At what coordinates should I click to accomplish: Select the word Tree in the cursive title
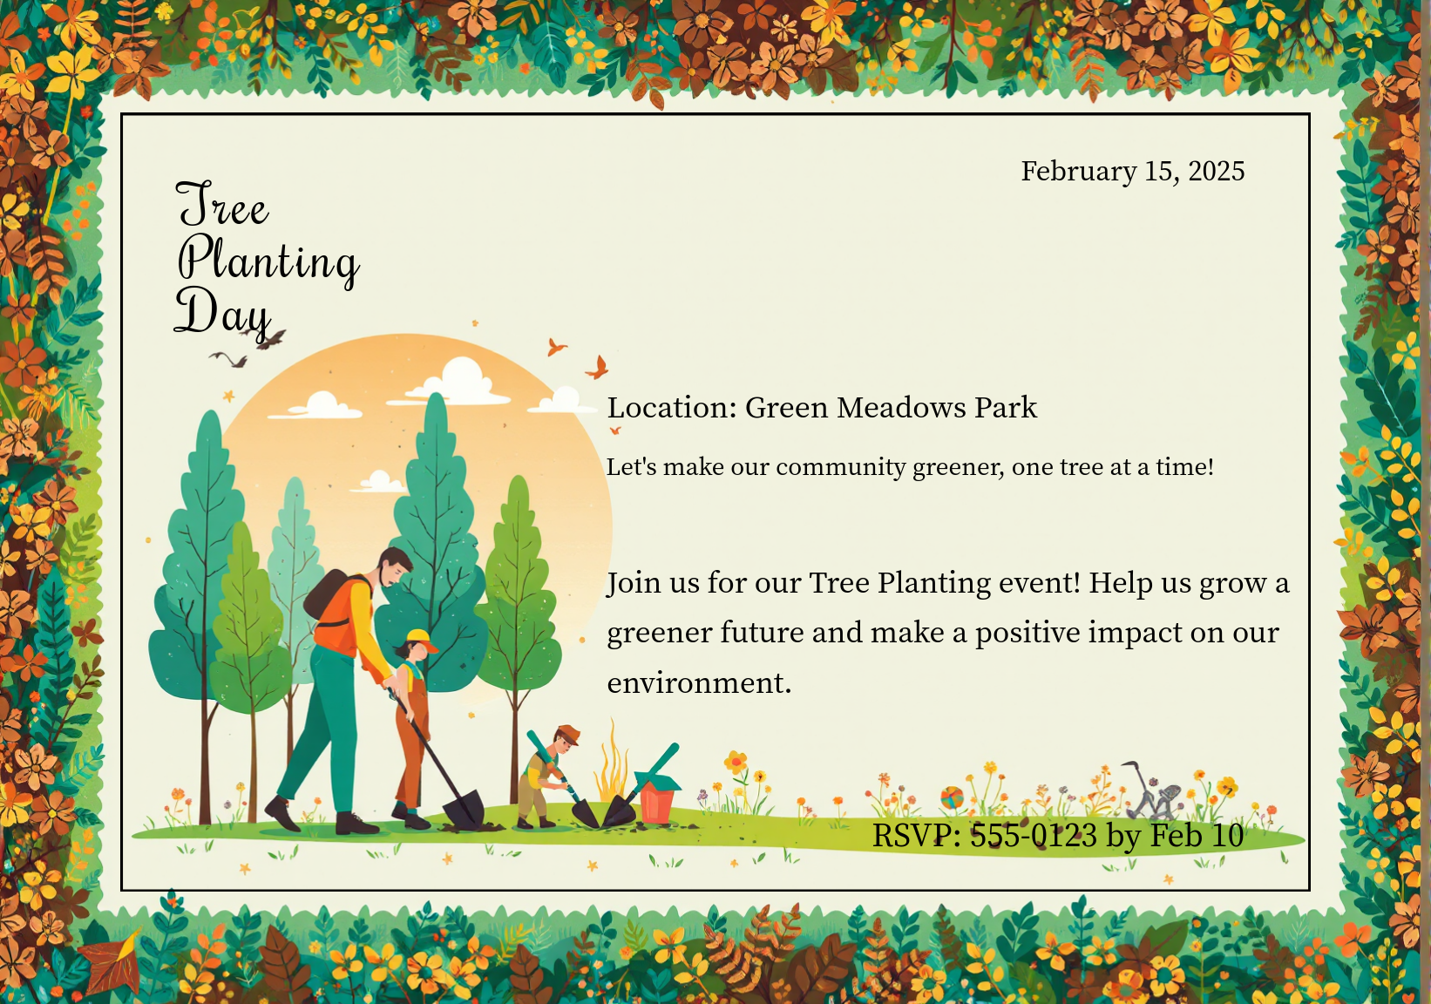222,204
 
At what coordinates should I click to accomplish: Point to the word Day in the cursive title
223,313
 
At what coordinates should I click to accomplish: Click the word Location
672,408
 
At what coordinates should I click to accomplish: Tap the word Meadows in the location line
901,408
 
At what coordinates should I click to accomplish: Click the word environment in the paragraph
699,682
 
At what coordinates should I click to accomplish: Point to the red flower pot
657,802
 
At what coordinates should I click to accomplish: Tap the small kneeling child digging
547,776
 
